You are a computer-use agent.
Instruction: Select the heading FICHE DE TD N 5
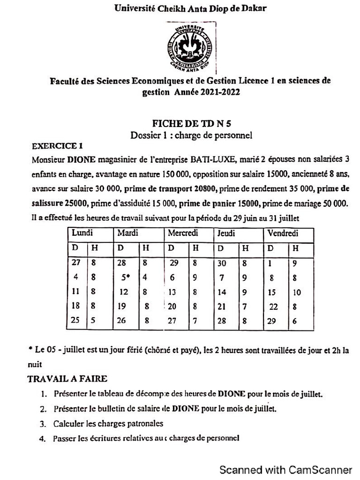(x=192, y=124)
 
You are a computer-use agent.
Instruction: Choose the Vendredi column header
(x=283, y=233)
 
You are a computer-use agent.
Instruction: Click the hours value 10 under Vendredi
(x=297, y=292)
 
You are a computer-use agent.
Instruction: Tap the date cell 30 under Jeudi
(x=222, y=263)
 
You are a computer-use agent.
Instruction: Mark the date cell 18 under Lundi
(x=75, y=306)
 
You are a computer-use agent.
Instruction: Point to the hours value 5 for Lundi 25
(x=93, y=321)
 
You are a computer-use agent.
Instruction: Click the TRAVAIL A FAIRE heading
(x=67, y=379)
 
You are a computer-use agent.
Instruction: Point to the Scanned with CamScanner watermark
(x=286, y=469)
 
